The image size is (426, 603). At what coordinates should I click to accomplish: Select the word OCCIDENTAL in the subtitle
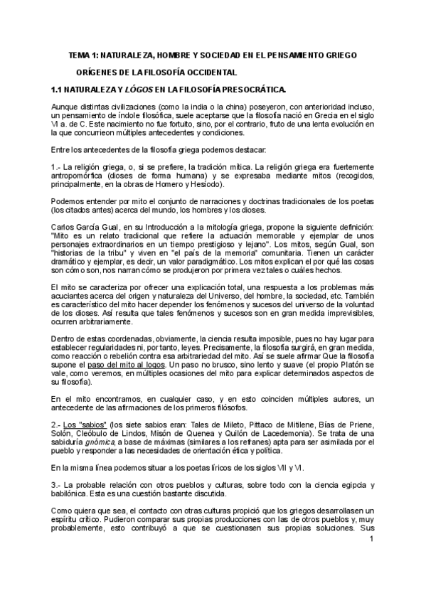point(209,73)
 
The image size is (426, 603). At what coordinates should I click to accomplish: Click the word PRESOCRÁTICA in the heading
point(249,90)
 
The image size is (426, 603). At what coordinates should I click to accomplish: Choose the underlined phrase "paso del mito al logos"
point(136,364)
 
